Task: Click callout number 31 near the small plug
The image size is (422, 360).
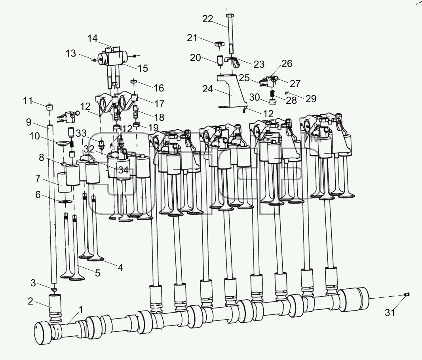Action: [x=390, y=312]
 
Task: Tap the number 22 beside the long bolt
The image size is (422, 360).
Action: [x=207, y=19]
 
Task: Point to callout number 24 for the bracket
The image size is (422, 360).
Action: [x=207, y=89]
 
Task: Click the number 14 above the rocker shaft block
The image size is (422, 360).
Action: [x=92, y=38]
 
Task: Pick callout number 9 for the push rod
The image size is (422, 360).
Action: [x=29, y=122]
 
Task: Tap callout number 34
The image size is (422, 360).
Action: [x=123, y=170]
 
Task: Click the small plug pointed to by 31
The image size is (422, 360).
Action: [x=407, y=294]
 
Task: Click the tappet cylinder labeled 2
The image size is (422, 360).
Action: [x=55, y=308]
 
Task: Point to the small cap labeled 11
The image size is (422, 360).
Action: [x=49, y=107]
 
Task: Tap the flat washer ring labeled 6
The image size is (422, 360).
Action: [x=65, y=202]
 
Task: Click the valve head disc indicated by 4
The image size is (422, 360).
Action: [x=95, y=259]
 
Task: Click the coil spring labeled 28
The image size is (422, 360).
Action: [x=272, y=94]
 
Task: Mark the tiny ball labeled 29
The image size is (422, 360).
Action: [x=286, y=93]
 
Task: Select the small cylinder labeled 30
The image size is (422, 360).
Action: [x=273, y=102]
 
